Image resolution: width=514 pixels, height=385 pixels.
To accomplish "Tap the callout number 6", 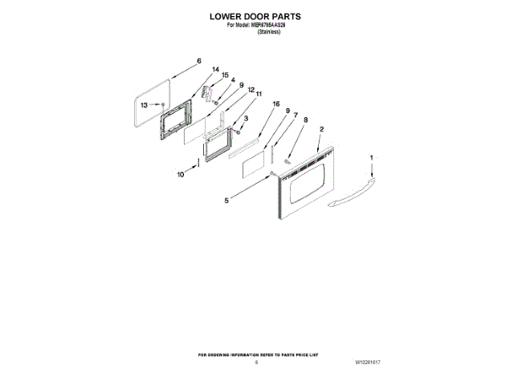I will click(198, 61).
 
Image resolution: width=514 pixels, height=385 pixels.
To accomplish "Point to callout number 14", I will click(215, 70).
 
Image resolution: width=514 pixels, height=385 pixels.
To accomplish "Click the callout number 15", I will click(225, 75).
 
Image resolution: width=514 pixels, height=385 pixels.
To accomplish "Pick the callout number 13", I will click(145, 105).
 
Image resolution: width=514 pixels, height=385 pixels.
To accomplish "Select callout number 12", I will click(251, 90).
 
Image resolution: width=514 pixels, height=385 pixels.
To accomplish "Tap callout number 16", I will click(275, 104).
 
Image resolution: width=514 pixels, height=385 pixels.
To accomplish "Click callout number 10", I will click(181, 174).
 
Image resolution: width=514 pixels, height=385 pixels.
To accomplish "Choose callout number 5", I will click(226, 201).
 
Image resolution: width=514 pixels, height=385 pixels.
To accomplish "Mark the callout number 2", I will click(322, 130).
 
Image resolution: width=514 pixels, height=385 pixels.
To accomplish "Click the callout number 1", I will click(371, 158).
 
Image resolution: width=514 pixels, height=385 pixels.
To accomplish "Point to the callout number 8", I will click(305, 120).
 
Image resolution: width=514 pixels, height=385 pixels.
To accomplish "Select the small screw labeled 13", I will click(164, 105).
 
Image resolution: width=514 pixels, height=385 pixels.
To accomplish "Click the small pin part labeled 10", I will click(198, 165).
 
